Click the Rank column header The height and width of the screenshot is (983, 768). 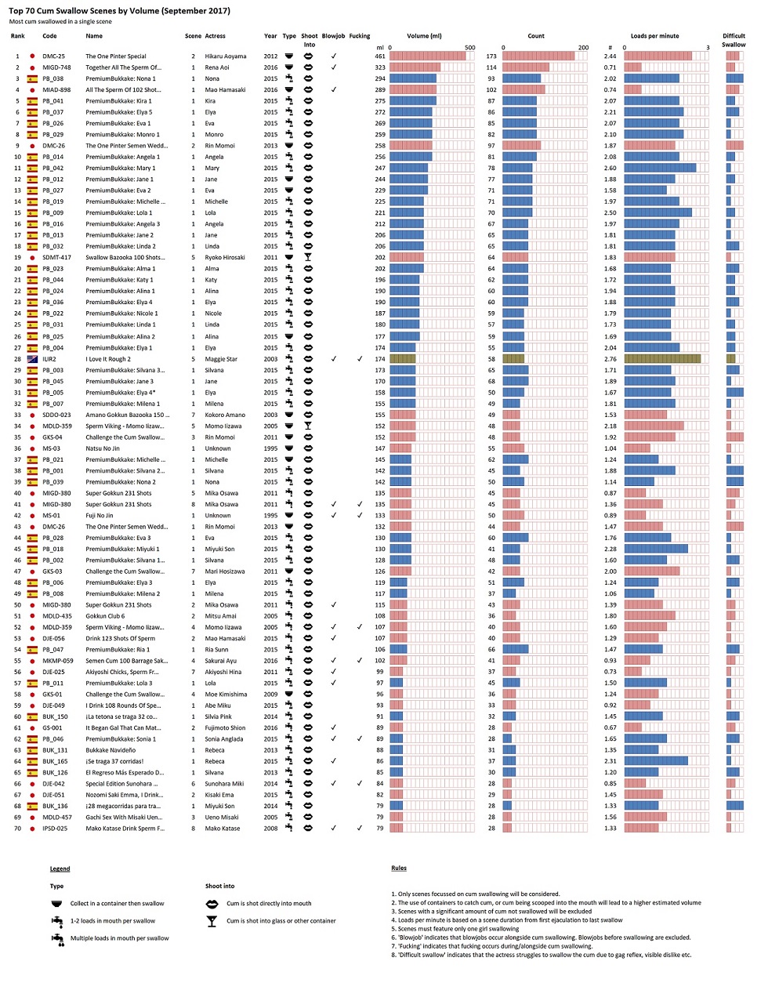pos(17,36)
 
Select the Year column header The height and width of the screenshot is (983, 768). pos(270,36)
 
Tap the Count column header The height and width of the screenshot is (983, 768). pos(536,36)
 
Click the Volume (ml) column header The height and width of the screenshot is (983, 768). pos(424,36)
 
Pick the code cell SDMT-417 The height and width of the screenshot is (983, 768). pos(56,257)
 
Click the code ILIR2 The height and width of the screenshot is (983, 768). pos(49,359)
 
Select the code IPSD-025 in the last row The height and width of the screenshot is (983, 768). pos(55,828)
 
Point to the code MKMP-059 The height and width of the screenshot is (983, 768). pos(57,661)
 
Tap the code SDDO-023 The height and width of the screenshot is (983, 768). pos(56,415)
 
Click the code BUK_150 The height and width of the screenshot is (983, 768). pos(55,716)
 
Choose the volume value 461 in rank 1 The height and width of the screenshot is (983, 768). pos(380,56)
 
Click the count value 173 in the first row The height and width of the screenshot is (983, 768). pos(491,56)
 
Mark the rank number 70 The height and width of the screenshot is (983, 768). pos(17,828)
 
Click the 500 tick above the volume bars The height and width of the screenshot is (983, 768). pos(469,48)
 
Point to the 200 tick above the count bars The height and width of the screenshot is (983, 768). pos(583,48)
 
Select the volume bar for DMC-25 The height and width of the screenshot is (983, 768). pos(427,56)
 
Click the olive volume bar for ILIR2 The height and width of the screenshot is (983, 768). pos(403,359)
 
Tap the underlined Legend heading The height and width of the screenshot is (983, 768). pos(60,869)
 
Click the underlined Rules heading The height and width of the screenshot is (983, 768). pos(399,868)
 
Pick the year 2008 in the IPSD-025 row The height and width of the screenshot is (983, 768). pos(270,828)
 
